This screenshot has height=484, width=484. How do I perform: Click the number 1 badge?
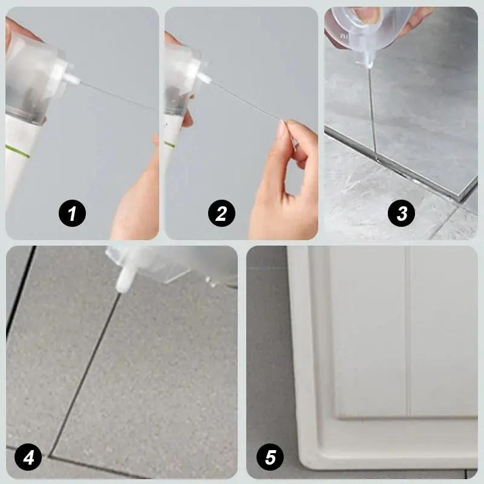pos(73,213)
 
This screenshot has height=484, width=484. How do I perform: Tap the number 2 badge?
pos(221,213)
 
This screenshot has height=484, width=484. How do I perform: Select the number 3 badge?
pos(402,213)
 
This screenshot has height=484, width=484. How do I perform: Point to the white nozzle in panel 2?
pos(203,76)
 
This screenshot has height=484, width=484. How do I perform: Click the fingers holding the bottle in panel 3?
pos(411,18)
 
